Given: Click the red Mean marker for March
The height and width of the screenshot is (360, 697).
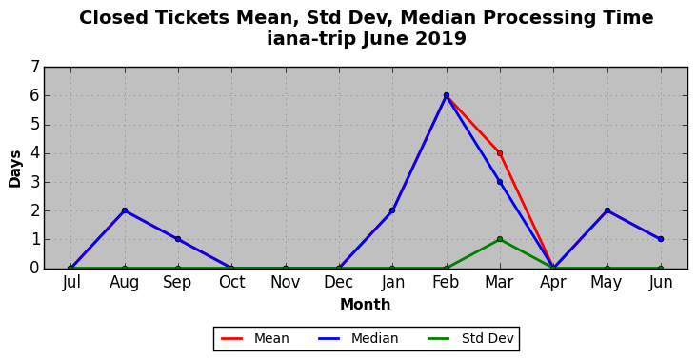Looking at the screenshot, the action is tap(500, 153).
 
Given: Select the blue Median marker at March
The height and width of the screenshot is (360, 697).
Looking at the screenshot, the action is tap(500, 182).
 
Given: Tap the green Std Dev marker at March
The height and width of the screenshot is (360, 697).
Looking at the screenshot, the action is tap(500, 239).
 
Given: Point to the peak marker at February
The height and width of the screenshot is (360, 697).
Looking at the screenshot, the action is tap(447, 95).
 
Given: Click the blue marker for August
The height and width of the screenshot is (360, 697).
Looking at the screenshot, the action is tap(125, 210).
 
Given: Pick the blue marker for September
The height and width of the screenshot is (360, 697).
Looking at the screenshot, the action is tap(178, 239).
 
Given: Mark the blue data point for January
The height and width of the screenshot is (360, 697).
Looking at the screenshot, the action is tap(392, 210).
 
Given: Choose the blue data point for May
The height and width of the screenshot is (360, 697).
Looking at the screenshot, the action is tap(607, 210).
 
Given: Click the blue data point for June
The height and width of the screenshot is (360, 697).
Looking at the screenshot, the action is tap(661, 239).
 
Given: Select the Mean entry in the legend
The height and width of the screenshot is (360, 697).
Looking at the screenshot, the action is tap(254, 339).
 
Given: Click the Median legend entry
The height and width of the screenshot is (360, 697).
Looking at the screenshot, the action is tap(358, 339).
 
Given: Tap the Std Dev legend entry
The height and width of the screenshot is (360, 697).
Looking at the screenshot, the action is tap(470, 339).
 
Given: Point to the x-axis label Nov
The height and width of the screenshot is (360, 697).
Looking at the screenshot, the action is tap(286, 282).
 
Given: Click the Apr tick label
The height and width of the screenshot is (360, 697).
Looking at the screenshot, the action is tap(553, 283).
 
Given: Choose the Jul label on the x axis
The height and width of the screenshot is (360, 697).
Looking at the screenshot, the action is tap(71, 282).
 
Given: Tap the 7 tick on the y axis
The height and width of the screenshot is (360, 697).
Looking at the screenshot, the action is tap(35, 67).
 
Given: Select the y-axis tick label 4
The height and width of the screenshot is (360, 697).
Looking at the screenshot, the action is tap(35, 153).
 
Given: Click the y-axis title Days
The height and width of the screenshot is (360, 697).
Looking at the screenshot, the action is tap(14, 169).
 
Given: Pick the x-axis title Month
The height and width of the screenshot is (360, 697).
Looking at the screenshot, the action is tap(366, 305).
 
